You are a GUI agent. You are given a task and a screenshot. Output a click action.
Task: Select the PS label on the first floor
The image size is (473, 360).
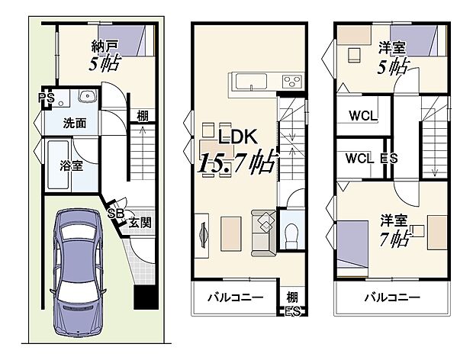47,97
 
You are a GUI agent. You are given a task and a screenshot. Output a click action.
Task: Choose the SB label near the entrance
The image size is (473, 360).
116,213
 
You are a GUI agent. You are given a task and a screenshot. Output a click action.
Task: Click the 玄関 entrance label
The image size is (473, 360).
140,223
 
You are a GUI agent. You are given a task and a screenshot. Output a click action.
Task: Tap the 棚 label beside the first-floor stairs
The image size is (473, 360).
142,116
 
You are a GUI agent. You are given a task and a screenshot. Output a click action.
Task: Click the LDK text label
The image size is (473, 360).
236,137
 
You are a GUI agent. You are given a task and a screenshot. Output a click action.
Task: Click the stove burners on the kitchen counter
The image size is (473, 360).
291,80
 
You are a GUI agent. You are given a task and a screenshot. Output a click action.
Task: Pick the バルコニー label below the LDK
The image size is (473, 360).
235,297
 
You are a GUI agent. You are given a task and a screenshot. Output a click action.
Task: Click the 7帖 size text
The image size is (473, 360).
395,240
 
